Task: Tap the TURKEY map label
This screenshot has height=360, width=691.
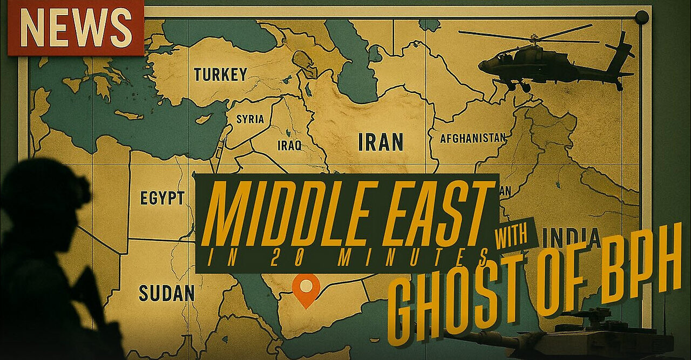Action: point(220,74)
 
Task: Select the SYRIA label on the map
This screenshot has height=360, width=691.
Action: point(250,119)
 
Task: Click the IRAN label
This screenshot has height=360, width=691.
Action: point(381,142)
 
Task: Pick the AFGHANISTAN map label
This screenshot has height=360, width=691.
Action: point(473,138)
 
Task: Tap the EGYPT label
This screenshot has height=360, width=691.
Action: point(162,198)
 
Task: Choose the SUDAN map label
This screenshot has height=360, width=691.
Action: point(166,293)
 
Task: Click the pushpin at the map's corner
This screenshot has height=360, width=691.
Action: point(641,17)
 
